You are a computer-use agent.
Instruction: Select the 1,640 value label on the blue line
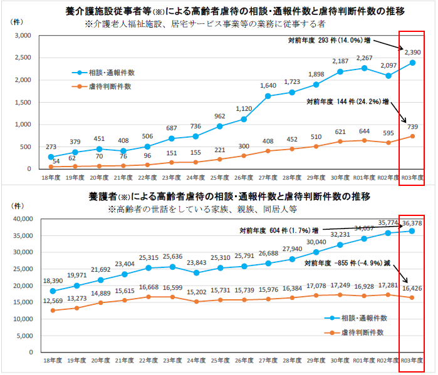tap(268, 86)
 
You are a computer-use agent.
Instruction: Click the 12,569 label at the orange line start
tap(52, 302)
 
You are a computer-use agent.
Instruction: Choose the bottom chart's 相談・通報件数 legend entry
tap(363, 319)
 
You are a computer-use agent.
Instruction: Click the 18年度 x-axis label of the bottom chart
tap(52, 362)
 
